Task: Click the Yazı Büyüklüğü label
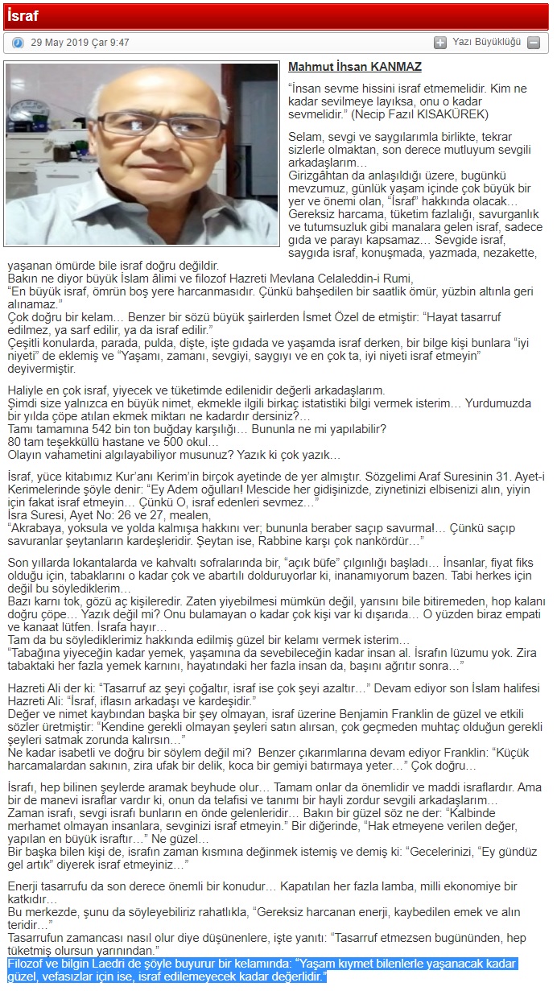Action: click(x=486, y=42)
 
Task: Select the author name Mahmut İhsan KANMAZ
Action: click(x=354, y=67)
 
